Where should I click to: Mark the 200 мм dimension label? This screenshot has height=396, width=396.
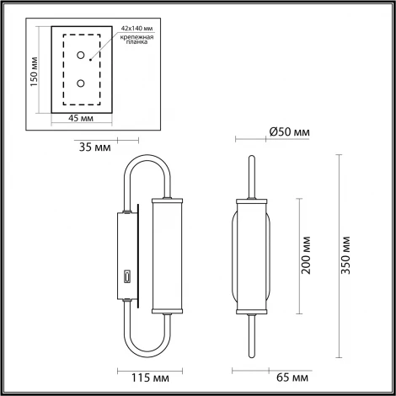[x=307, y=254]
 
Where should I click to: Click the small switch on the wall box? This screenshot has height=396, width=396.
[x=127, y=276]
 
